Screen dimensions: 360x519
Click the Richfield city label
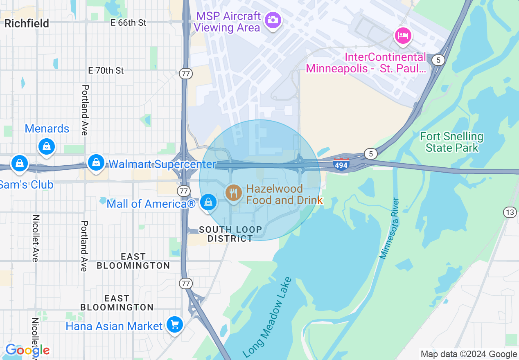27,23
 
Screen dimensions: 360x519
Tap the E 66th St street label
129,23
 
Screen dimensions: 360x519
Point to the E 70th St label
106,71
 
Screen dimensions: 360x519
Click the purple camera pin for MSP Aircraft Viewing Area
272,20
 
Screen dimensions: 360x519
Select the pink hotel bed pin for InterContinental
403,36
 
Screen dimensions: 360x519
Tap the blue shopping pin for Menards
47,146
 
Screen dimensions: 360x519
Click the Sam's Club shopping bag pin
19,164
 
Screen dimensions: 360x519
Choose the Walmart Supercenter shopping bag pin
96,163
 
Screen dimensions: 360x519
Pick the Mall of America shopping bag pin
208,202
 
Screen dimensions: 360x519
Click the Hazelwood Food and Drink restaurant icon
233,192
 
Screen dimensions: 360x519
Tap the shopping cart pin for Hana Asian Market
175,325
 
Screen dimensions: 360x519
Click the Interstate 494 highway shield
341,164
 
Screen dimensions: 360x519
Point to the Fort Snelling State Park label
451,142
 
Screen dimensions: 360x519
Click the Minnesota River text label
389,228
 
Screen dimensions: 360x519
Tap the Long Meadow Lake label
268,317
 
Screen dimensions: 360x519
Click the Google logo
27,350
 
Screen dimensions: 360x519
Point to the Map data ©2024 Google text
469,354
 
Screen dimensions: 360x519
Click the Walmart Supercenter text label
162,164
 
